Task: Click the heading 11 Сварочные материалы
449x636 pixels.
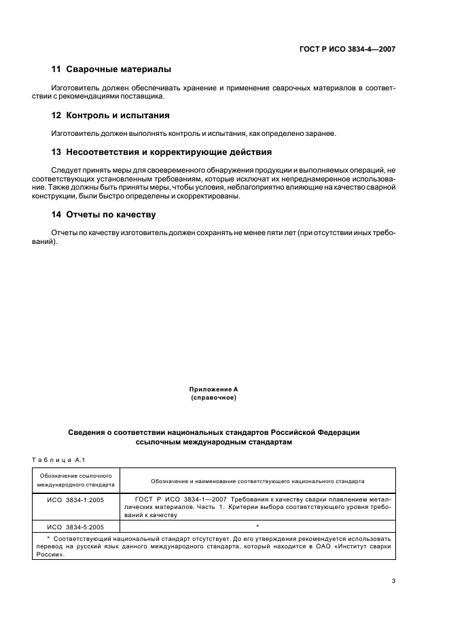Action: pyautogui.click(x=111, y=69)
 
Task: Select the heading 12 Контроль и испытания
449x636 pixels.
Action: pyautogui.click(x=111, y=115)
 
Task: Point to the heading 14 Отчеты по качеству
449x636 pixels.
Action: pyautogui.click(x=104, y=215)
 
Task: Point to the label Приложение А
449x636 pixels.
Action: pyautogui.click(x=213, y=389)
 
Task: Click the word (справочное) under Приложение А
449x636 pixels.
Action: pyautogui.click(x=213, y=397)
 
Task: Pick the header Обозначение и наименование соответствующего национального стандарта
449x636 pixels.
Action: pyautogui.click(x=257, y=481)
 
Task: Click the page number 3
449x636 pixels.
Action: pyautogui.click(x=393, y=581)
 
